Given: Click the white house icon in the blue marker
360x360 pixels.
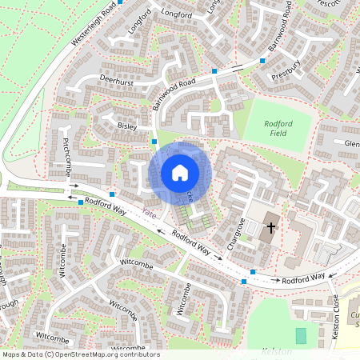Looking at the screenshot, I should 180,172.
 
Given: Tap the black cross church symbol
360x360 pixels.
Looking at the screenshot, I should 270,227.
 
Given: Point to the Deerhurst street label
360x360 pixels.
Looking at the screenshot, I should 116,82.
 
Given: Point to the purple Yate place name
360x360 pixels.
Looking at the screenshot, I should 148,213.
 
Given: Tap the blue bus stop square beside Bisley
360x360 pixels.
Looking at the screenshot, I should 154,142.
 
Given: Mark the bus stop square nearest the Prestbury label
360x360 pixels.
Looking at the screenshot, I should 262,60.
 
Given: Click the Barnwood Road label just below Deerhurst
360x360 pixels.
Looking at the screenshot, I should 174,94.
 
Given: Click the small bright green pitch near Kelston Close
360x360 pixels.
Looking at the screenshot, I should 301,335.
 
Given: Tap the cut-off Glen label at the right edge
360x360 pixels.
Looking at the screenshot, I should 351,143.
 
